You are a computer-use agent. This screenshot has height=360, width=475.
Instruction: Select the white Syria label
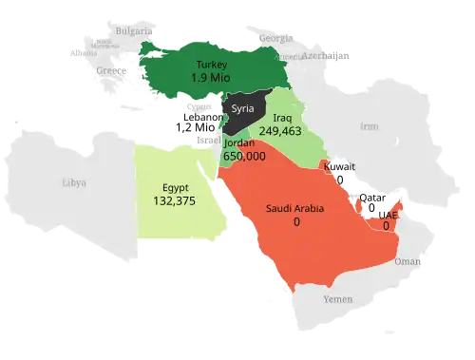click(243, 108)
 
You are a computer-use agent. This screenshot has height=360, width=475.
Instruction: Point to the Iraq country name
click(282, 119)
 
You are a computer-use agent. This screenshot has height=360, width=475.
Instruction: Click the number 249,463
click(280, 132)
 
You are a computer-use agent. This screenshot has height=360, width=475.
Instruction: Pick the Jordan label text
click(239, 142)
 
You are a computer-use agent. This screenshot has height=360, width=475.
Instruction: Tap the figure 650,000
click(244, 156)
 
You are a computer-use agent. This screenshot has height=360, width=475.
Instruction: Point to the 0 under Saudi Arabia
click(296, 221)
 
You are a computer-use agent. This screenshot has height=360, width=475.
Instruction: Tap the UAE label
click(387, 216)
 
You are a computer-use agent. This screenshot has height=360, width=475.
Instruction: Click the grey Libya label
click(73, 182)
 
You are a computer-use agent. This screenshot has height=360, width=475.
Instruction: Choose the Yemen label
click(337, 299)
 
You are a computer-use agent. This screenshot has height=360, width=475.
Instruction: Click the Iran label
click(369, 126)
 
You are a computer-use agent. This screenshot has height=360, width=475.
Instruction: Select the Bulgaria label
click(132, 30)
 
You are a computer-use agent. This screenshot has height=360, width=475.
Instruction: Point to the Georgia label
click(276, 38)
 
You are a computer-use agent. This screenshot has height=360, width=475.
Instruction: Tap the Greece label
click(111, 71)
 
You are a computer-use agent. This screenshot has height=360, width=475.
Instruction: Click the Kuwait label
click(339, 166)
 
